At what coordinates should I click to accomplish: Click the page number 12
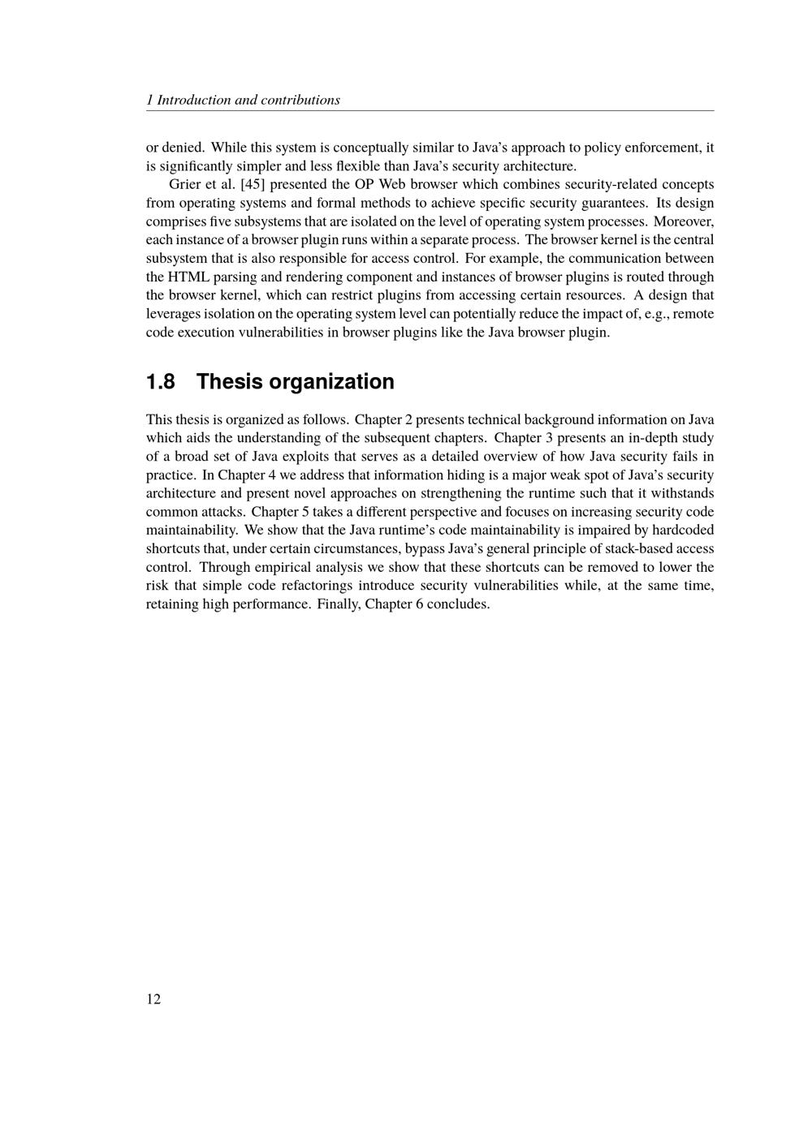tap(153, 999)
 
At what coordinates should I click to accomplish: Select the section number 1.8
tap(161, 381)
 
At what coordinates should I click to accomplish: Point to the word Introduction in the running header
tap(193, 100)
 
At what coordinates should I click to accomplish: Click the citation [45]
tap(253, 184)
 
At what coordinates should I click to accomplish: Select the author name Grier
tap(184, 184)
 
